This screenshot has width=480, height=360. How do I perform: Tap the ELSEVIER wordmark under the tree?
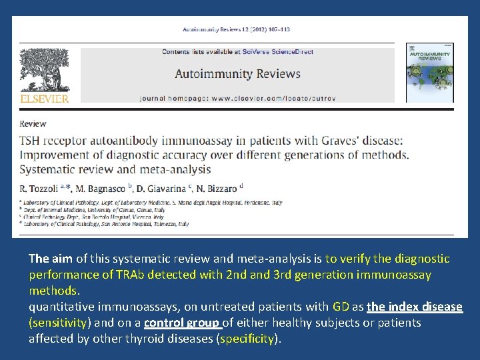[45, 99]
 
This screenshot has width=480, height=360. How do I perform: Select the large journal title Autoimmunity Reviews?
[237, 74]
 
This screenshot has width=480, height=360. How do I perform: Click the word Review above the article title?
[33, 123]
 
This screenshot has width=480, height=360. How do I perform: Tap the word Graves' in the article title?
[340, 141]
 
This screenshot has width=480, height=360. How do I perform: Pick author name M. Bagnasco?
[100, 189]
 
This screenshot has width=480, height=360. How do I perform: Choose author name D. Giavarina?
[163, 189]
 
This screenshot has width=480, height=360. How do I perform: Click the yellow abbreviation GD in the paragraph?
[341, 307]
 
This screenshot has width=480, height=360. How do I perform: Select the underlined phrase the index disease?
[413, 307]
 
